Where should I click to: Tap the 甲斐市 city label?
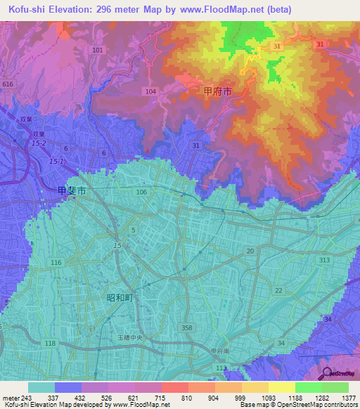tap(72, 190)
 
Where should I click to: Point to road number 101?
tap(97, 51)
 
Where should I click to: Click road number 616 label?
tap(8, 84)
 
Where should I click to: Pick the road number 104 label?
tap(150, 92)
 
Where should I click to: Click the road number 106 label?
tap(141, 192)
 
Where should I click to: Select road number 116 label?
tap(56, 262)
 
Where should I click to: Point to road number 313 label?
tap(323, 260)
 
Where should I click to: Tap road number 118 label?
tap(50, 343)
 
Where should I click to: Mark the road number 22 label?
tap(279, 290)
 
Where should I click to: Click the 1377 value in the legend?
tap(349, 398)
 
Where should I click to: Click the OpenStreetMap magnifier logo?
tap(328, 372)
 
